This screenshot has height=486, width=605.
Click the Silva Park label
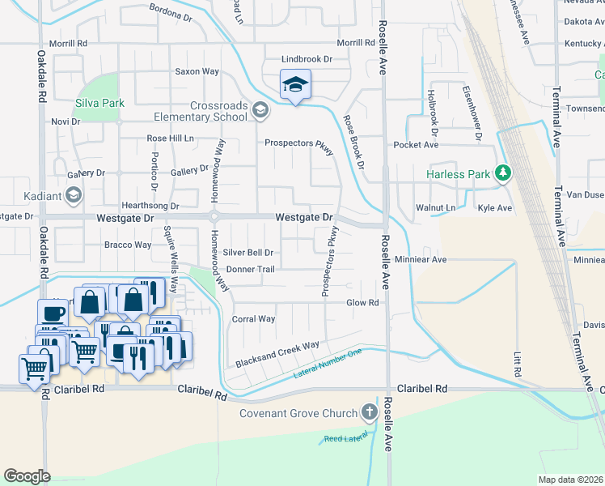[100, 103]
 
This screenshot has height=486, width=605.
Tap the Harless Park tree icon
[503, 173]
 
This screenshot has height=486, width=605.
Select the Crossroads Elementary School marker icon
[260, 110]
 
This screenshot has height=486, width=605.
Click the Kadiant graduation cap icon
[74, 194]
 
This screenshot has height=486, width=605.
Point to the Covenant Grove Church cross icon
[370, 412]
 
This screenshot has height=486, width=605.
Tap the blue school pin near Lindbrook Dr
[296, 84]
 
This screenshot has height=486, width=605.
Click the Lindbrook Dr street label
[307, 59]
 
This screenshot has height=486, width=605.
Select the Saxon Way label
[197, 71]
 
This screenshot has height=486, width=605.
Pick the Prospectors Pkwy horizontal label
[299, 143]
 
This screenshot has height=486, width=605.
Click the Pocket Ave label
[415, 145]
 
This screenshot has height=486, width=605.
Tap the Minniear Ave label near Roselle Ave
[421, 260]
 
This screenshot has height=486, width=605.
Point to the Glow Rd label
[362, 303]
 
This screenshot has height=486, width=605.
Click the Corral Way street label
[254, 319]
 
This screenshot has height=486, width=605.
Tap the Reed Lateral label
[345, 439]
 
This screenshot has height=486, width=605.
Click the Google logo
[27, 476]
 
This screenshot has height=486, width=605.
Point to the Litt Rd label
[516, 363]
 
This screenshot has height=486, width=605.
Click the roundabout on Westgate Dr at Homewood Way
[214, 216]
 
